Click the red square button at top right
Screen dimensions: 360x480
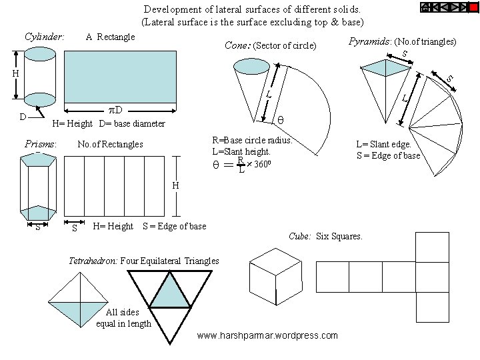point(473,7)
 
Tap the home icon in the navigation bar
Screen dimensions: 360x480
point(425,7)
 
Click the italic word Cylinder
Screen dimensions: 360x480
point(44,36)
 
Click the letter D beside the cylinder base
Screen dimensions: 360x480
point(23,117)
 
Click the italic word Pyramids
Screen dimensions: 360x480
point(370,41)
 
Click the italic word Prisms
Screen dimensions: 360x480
point(40,144)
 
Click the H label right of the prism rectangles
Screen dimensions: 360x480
point(175,185)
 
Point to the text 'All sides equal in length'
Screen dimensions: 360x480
point(124,319)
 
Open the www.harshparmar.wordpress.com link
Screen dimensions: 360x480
point(267,335)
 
